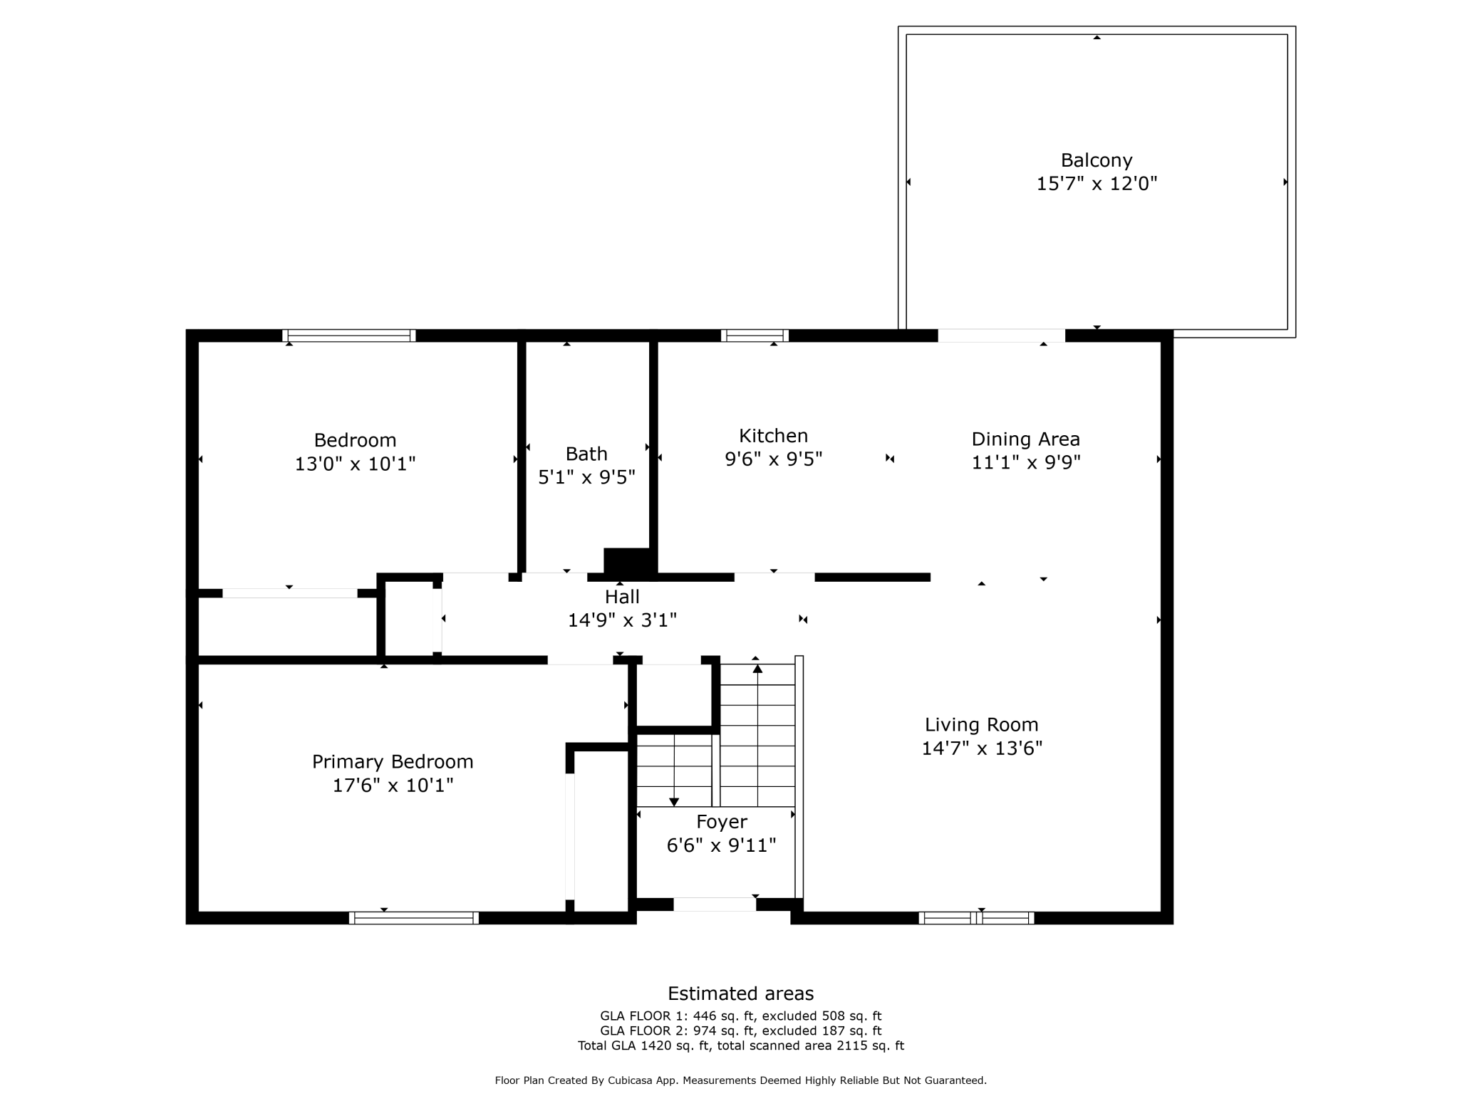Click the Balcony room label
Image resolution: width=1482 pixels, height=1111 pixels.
(1096, 160)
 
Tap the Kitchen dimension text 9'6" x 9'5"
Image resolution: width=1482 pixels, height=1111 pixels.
(773, 459)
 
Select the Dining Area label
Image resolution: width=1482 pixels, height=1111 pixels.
(1025, 439)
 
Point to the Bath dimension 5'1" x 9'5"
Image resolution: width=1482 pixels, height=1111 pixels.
(586, 477)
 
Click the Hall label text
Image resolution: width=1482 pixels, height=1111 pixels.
(622, 597)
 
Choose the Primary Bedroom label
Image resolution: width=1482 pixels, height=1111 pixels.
(393, 762)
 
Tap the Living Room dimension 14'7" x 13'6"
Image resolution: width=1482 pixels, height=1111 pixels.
(981, 749)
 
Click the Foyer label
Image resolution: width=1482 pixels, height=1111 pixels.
(721, 822)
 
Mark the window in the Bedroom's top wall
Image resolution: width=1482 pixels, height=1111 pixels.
(349, 335)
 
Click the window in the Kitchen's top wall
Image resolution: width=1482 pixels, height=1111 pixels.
(755, 335)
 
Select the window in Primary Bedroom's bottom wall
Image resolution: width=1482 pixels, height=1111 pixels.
(414, 918)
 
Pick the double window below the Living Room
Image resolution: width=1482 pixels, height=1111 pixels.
(976, 918)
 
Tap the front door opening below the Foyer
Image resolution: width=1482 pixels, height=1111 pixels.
(715, 904)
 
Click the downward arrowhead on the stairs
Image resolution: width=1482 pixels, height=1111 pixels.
(674, 803)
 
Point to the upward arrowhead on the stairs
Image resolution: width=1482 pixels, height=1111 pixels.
(757, 668)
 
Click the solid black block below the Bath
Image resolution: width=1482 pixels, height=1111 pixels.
(627, 561)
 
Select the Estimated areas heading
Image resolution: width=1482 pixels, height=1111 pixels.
(740, 993)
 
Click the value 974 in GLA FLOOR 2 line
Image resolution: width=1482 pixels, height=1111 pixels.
(705, 1031)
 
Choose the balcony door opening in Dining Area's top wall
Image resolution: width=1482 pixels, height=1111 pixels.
(1001, 335)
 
